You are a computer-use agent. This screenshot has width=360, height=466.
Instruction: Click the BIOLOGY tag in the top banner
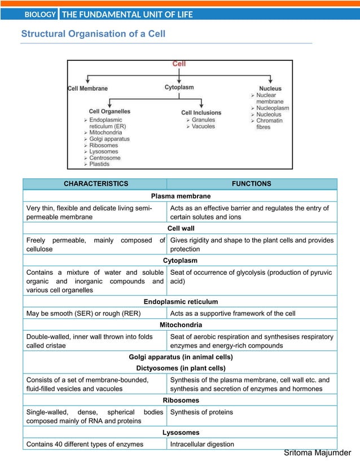(40, 15)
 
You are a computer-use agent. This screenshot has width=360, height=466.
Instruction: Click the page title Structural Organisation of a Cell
(93, 34)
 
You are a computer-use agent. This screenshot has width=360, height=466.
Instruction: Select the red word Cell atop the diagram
(179, 64)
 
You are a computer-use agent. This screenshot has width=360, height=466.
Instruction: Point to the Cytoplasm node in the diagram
(179, 87)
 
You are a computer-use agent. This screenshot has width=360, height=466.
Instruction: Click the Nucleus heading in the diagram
(270, 89)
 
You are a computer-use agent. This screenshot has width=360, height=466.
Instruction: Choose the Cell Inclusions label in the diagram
(201, 112)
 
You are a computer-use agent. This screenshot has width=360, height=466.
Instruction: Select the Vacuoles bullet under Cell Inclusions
(203, 126)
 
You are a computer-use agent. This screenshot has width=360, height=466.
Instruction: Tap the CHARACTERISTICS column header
(95, 184)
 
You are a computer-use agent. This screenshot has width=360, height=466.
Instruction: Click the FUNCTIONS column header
(252, 184)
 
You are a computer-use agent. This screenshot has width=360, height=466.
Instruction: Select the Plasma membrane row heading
(180, 196)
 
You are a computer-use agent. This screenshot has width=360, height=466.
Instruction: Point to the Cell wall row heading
(180, 228)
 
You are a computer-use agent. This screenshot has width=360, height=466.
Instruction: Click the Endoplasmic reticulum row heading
(180, 302)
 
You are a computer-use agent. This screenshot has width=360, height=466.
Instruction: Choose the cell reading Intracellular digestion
(202, 445)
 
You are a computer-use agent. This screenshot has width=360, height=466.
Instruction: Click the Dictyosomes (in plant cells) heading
(180, 368)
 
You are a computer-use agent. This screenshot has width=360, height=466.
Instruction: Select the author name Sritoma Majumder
(317, 454)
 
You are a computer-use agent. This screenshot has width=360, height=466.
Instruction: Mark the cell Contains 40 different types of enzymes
(85, 445)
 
